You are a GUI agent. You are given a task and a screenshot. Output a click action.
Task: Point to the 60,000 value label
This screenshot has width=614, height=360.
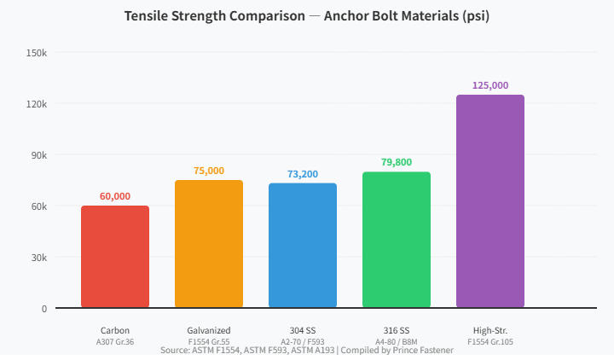coord(115,196)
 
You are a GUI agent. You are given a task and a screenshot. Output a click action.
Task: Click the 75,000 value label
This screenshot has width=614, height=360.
coord(209,171)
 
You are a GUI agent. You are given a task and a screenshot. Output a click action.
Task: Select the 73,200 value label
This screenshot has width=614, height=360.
coord(303,174)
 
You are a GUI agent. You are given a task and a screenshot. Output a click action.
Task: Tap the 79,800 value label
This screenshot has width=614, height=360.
coord(397,162)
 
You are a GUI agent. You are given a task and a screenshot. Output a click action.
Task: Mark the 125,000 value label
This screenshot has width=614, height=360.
coord(490,85)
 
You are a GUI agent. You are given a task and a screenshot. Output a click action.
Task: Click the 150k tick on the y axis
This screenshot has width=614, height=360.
coord(37,53)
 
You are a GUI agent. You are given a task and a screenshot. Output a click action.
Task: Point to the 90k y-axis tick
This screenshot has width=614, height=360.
coord(39,155)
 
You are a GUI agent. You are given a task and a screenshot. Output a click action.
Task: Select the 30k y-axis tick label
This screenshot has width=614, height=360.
coord(39,258)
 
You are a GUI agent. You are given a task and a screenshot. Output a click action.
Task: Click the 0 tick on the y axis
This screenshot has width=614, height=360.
coord(44,309)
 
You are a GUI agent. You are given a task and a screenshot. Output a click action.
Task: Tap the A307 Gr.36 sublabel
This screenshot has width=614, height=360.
coord(115,341)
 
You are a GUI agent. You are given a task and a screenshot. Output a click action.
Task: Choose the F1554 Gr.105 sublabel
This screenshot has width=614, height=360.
coord(490,341)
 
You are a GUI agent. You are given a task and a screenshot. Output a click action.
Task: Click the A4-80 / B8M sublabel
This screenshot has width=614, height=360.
coord(397,341)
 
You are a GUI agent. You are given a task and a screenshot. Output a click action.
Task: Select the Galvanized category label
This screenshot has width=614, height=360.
coord(209,330)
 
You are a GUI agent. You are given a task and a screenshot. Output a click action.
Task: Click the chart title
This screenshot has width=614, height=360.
coord(307,16)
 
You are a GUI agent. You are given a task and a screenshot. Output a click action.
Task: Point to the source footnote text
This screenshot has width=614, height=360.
coord(307,351)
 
